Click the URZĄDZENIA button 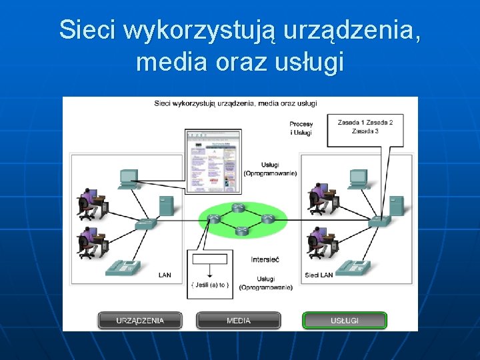(140, 321)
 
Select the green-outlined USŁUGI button (345, 321)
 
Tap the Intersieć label (265, 259)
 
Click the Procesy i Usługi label (301, 128)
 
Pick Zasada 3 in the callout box (365, 131)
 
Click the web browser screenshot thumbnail (213, 161)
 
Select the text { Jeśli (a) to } (210, 285)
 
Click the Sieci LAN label (319, 275)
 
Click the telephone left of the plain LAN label (123, 267)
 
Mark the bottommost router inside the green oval (241, 231)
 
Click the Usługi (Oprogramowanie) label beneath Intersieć (266, 283)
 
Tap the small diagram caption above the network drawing (235, 103)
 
